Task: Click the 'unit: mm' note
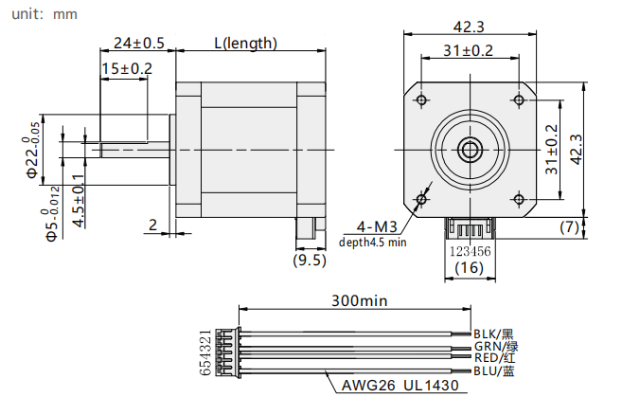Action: click(44, 14)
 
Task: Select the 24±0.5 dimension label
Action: click(139, 43)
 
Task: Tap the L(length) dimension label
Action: click(245, 43)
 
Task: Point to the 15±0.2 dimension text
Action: click(127, 69)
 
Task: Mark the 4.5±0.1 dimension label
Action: click(79, 201)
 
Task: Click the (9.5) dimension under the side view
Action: click(310, 261)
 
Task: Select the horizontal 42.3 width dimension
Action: click(469, 27)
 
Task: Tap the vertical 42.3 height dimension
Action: click(577, 150)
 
